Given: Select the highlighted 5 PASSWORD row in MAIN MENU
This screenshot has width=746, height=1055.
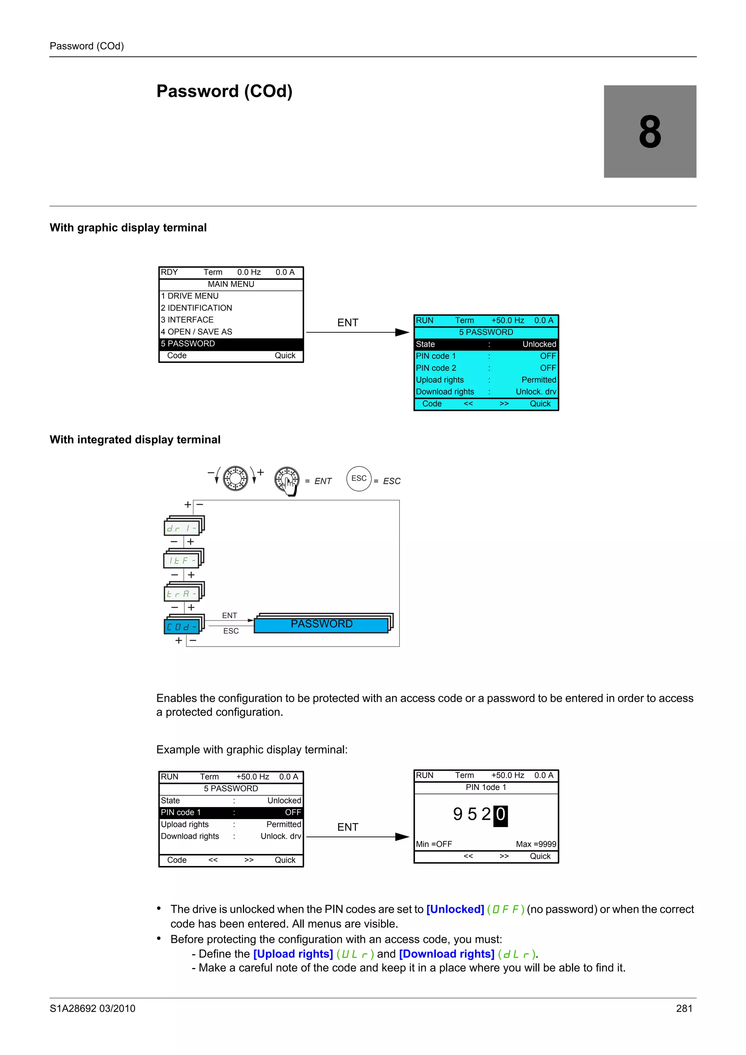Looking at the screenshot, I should (231, 344).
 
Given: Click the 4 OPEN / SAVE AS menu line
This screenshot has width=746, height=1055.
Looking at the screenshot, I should (197, 332).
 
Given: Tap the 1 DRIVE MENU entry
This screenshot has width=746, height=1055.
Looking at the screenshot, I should (190, 296).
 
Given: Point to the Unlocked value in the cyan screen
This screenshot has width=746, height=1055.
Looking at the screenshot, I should (539, 344).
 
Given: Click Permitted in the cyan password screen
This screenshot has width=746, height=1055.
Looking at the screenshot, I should (538, 380).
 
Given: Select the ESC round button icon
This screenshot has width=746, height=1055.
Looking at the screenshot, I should (358, 479).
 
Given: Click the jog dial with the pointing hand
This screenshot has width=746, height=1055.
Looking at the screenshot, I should (287, 480).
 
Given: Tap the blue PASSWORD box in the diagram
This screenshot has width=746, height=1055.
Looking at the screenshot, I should (321, 624).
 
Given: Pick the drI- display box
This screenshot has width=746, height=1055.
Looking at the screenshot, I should (181, 529).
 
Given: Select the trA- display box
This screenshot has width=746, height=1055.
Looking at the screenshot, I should (181, 594).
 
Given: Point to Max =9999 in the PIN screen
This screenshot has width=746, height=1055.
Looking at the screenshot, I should (535, 844).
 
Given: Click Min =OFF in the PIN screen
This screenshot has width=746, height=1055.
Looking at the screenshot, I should (434, 844).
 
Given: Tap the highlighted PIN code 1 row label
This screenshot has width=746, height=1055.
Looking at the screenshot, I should (181, 813).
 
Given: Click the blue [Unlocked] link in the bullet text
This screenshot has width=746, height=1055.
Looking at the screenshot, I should (455, 909).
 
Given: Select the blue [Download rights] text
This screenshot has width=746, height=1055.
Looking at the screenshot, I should (446, 954).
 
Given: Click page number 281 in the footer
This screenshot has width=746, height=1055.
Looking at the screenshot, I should (684, 1009).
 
